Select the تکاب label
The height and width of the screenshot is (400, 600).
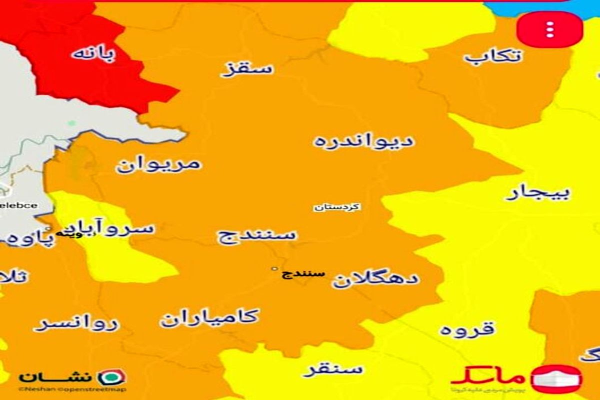pos(492,55)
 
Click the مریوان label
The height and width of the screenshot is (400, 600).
pos(159,163)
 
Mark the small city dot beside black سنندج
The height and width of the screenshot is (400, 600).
pos(273,269)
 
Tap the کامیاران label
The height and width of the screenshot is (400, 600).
pos(209,317)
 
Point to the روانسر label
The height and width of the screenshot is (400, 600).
pos(77,324)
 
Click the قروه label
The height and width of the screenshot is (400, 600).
pos(467,328)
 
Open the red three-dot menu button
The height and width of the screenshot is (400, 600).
pos(549,29)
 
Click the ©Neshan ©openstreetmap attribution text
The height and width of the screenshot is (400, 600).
pos(72,389)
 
